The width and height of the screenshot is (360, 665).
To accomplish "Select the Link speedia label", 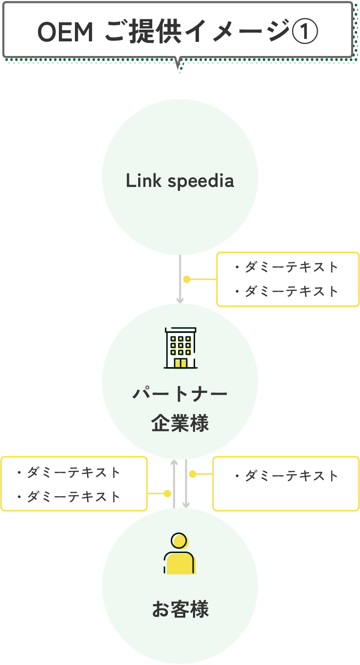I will coord(180,181).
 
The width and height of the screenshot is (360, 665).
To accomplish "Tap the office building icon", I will coord(180,348).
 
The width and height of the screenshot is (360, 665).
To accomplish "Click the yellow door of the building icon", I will coord(180,363).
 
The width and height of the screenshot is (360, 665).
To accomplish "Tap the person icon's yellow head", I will coord(180,541).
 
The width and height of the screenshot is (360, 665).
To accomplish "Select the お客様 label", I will coord(180,609).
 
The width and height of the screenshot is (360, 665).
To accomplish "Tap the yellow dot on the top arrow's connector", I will coord(187,279).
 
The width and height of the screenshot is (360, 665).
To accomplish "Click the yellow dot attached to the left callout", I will coord(167,494).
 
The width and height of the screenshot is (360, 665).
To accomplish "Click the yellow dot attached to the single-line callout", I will coord(192,473).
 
